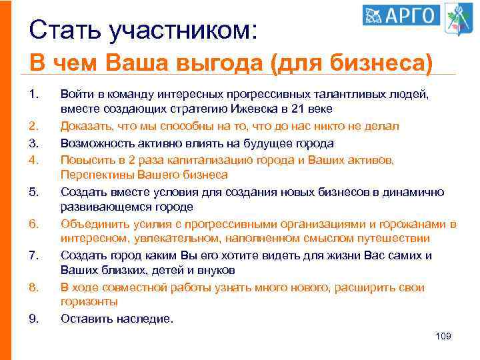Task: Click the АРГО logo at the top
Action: click(x=401, y=15)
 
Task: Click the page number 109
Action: click(x=443, y=336)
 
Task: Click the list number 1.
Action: click(x=35, y=95)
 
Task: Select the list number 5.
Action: click(x=35, y=192)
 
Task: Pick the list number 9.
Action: click(x=35, y=318)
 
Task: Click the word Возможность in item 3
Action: click(x=95, y=143)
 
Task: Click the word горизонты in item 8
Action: click(x=88, y=302)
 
